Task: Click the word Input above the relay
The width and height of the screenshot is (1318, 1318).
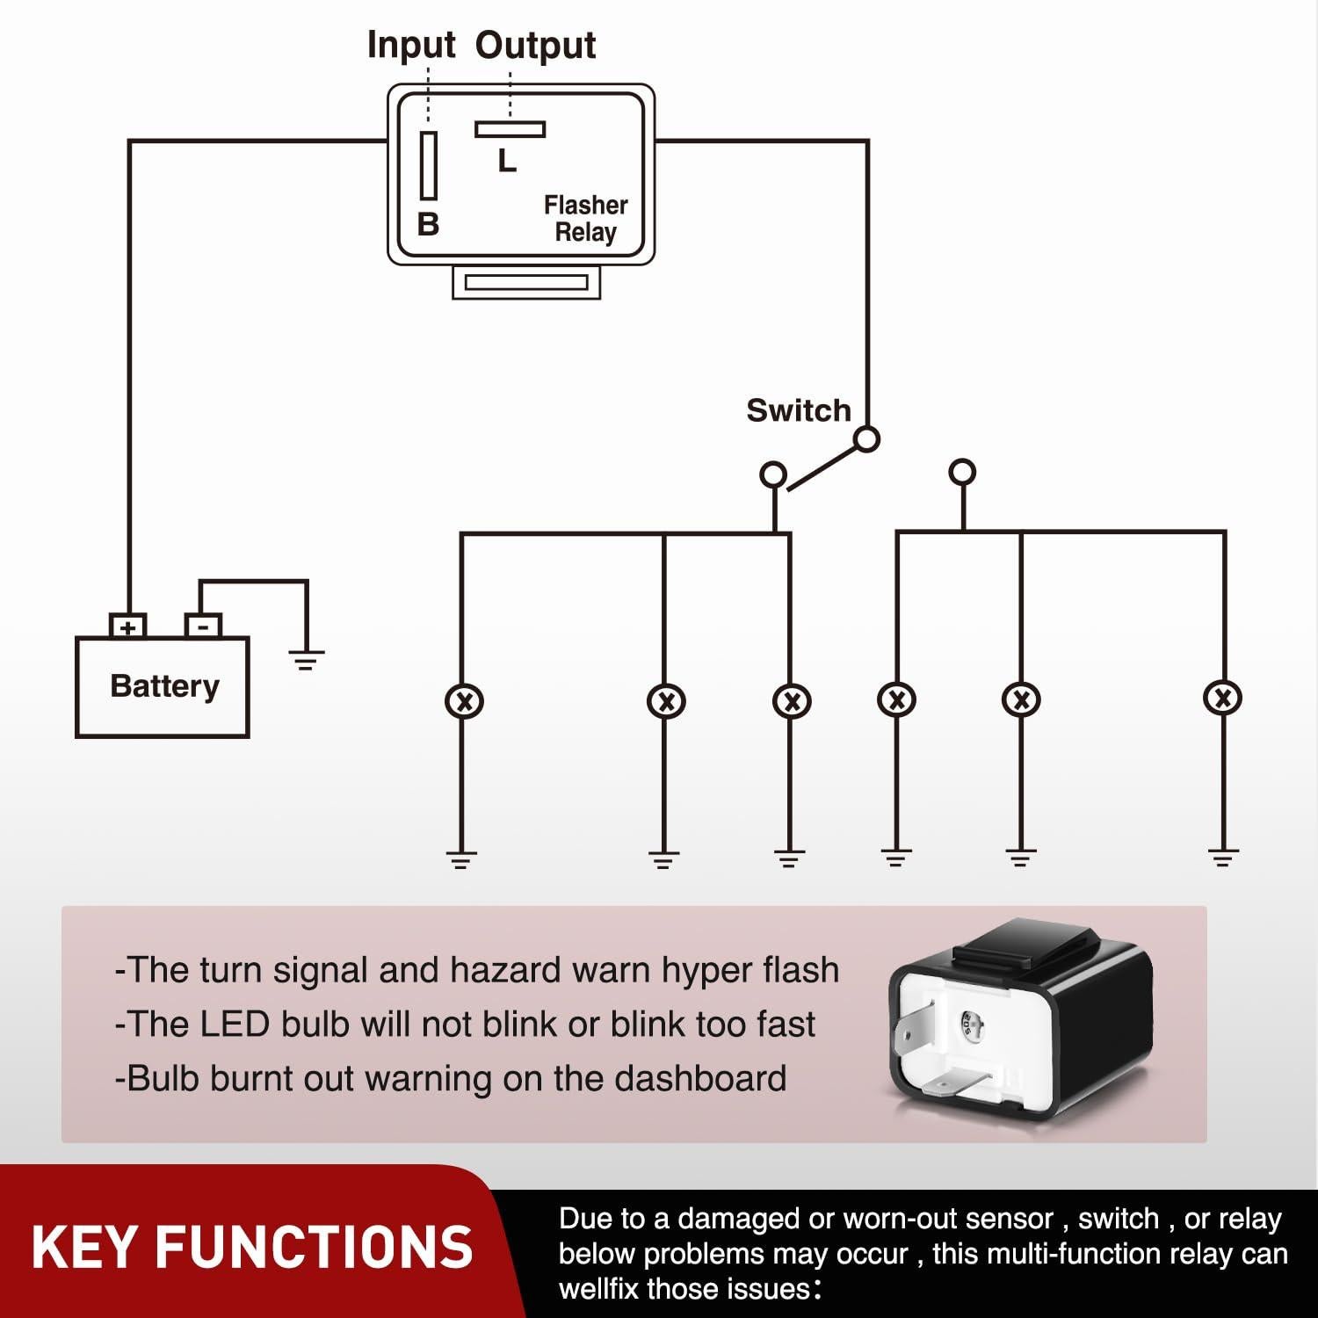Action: [410, 45]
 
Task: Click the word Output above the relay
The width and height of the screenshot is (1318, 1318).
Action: [535, 46]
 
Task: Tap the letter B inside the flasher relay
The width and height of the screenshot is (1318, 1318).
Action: [428, 224]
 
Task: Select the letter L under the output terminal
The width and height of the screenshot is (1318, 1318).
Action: [507, 161]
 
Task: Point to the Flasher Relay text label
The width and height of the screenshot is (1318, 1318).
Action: [585, 218]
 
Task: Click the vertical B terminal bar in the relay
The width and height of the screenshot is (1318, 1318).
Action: [429, 165]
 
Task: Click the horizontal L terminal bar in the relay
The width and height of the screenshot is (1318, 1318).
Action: [510, 129]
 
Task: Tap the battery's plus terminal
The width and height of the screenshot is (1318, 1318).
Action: [128, 626]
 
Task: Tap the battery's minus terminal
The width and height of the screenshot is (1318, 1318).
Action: [203, 626]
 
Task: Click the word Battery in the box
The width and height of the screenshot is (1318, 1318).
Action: [164, 686]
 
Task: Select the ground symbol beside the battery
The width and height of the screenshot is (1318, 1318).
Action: [306, 659]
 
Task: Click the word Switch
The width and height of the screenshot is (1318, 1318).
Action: [798, 410]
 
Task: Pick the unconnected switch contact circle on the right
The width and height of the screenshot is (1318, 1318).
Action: [963, 472]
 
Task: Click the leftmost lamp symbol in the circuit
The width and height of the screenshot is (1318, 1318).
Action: [464, 701]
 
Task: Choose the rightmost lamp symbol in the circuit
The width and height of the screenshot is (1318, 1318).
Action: [1222, 699]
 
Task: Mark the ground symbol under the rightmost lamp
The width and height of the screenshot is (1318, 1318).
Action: [1222, 857]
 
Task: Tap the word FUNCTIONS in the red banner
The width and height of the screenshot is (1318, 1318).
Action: [314, 1248]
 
